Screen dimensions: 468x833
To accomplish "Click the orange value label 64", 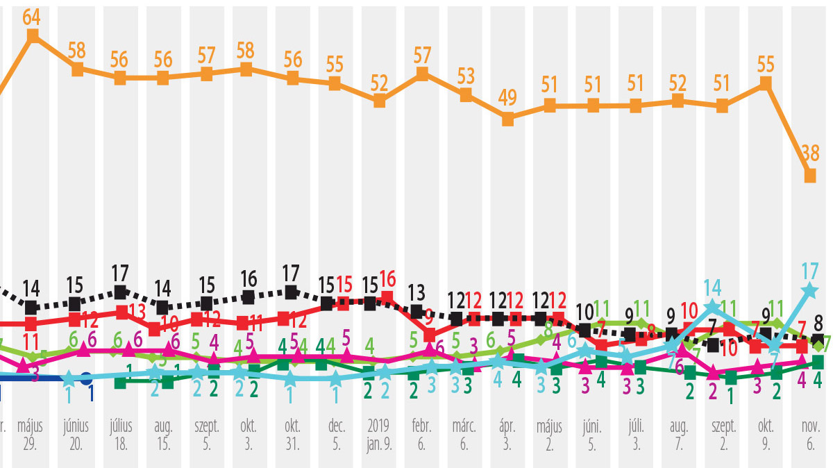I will point(31,17).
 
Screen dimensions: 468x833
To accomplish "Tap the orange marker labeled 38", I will point(809,176).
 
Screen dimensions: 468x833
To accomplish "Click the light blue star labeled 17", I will point(809,292).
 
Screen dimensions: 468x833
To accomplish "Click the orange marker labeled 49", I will point(507,119).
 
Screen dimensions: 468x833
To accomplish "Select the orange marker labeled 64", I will point(32,37).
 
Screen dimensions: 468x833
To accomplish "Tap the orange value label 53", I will point(466,74).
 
